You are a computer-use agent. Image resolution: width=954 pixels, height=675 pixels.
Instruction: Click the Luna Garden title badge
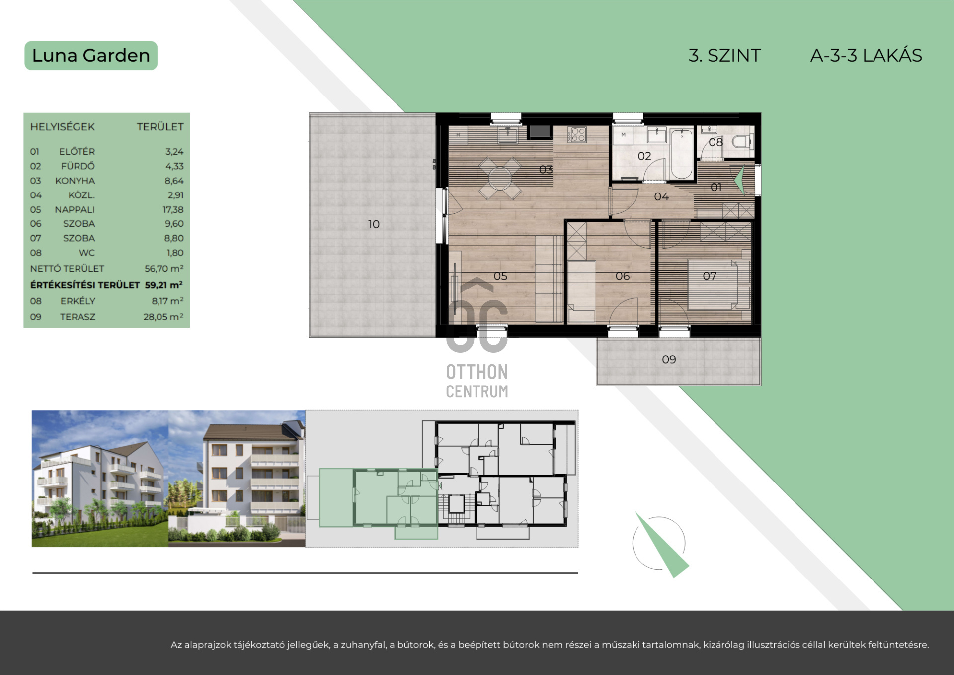pyautogui.click(x=91, y=56)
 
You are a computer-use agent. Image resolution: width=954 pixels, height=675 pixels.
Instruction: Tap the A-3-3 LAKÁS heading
pyautogui.click(x=866, y=56)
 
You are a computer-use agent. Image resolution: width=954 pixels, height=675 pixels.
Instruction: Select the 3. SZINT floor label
pyautogui.click(x=724, y=56)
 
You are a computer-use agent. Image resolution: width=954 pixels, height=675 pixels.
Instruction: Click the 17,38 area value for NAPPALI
pyautogui.click(x=173, y=210)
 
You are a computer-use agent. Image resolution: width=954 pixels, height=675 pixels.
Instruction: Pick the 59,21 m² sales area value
pyautogui.click(x=164, y=285)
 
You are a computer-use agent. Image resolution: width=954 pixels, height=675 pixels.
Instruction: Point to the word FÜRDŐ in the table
pyautogui.click(x=78, y=166)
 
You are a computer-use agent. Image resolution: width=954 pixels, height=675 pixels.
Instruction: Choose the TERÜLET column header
pyautogui.click(x=160, y=127)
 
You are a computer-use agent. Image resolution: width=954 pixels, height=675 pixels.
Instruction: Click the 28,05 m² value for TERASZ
pyautogui.click(x=163, y=317)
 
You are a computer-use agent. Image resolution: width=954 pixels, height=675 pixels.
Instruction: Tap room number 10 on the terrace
pyautogui.click(x=374, y=224)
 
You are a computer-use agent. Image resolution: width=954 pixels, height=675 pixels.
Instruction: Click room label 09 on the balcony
pyautogui.click(x=669, y=359)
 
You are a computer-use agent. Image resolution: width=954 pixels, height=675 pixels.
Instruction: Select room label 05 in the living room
pyautogui.click(x=500, y=276)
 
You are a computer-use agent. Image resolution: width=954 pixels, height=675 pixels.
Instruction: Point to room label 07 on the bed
pyautogui.click(x=710, y=276)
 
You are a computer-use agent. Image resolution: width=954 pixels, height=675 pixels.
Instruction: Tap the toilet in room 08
pyautogui.click(x=742, y=142)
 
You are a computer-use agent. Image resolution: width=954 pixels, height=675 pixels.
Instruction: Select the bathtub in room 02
pyautogui.click(x=681, y=154)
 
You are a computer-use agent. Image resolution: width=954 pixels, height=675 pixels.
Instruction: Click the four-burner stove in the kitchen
pyautogui.click(x=577, y=134)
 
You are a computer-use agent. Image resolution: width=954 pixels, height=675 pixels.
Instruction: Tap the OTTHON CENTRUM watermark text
pyautogui.click(x=477, y=382)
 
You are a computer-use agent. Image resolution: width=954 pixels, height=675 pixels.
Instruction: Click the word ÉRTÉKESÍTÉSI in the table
pyautogui.click(x=85, y=285)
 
